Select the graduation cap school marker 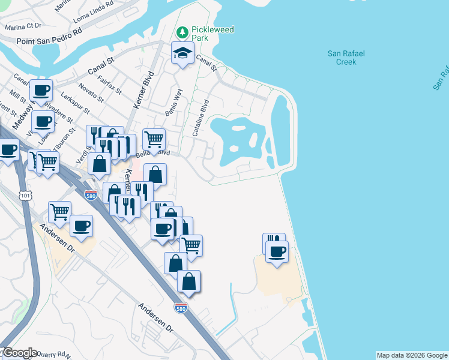pyautogui.click(x=182, y=54)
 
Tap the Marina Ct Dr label pyautogui.click(x=22, y=26)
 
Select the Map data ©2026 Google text pyautogui.click(x=412, y=355)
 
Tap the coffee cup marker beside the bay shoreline pyautogui.click(x=277, y=251)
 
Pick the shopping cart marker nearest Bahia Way pyautogui.click(x=154, y=139)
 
